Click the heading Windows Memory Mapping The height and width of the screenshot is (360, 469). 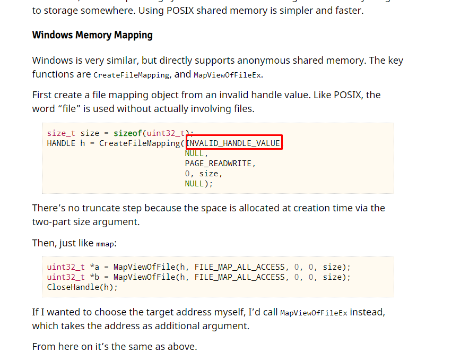92,35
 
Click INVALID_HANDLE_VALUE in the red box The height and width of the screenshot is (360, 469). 234,143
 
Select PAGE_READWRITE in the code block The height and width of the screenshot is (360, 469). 220,164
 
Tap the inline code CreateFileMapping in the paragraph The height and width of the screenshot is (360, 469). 132,75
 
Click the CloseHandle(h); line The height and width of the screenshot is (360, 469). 82,287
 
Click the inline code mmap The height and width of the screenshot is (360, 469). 105,244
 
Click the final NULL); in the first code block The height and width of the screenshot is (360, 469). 198,184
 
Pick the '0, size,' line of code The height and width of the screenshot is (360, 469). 203,174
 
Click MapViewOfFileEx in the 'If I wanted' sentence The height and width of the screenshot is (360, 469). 314,313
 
